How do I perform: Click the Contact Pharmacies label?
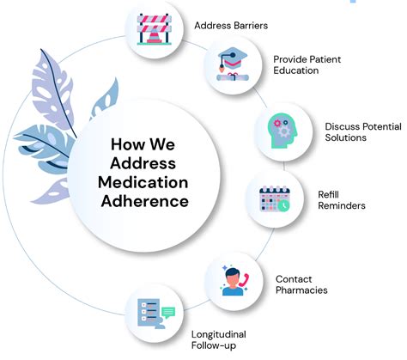(302, 284)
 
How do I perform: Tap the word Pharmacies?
(302, 290)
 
